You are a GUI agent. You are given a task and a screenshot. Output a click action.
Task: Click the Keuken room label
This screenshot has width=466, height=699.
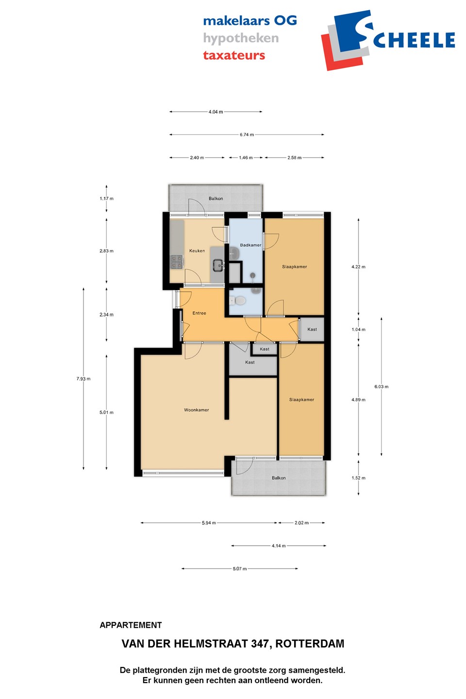(x=197, y=250)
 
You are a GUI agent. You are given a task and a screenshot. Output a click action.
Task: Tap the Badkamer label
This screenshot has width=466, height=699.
(x=250, y=245)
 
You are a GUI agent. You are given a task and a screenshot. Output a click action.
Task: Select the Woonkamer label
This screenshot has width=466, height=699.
(x=196, y=410)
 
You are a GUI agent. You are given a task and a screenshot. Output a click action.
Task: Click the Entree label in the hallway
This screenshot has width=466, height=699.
(x=199, y=313)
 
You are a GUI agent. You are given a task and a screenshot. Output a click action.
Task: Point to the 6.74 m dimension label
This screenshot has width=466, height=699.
(x=247, y=134)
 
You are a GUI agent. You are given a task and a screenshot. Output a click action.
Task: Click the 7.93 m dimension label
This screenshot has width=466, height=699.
(x=83, y=379)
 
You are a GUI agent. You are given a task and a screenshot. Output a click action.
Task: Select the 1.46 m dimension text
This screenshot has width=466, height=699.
(x=246, y=158)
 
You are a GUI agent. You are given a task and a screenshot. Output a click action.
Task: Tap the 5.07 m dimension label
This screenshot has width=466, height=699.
(x=240, y=568)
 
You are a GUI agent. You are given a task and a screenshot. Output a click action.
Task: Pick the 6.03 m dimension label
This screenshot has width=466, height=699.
(x=382, y=386)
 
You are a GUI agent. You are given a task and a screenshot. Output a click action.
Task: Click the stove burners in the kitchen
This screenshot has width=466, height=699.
(x=176, y=262)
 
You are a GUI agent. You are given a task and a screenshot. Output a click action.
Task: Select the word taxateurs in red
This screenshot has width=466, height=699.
(x=234, y=55)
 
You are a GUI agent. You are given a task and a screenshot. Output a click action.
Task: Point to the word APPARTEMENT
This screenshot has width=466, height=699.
(x=131, y=625)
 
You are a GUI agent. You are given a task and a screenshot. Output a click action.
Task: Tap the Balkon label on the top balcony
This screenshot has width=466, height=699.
(x=216, y=199)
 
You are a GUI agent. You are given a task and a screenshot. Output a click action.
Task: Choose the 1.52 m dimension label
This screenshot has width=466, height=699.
(x=358, y=478)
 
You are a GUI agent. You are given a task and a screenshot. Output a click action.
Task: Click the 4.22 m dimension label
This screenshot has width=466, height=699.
(x=358, y=267)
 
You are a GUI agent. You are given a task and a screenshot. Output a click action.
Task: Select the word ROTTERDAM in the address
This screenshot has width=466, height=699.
(x=310, y=644)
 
